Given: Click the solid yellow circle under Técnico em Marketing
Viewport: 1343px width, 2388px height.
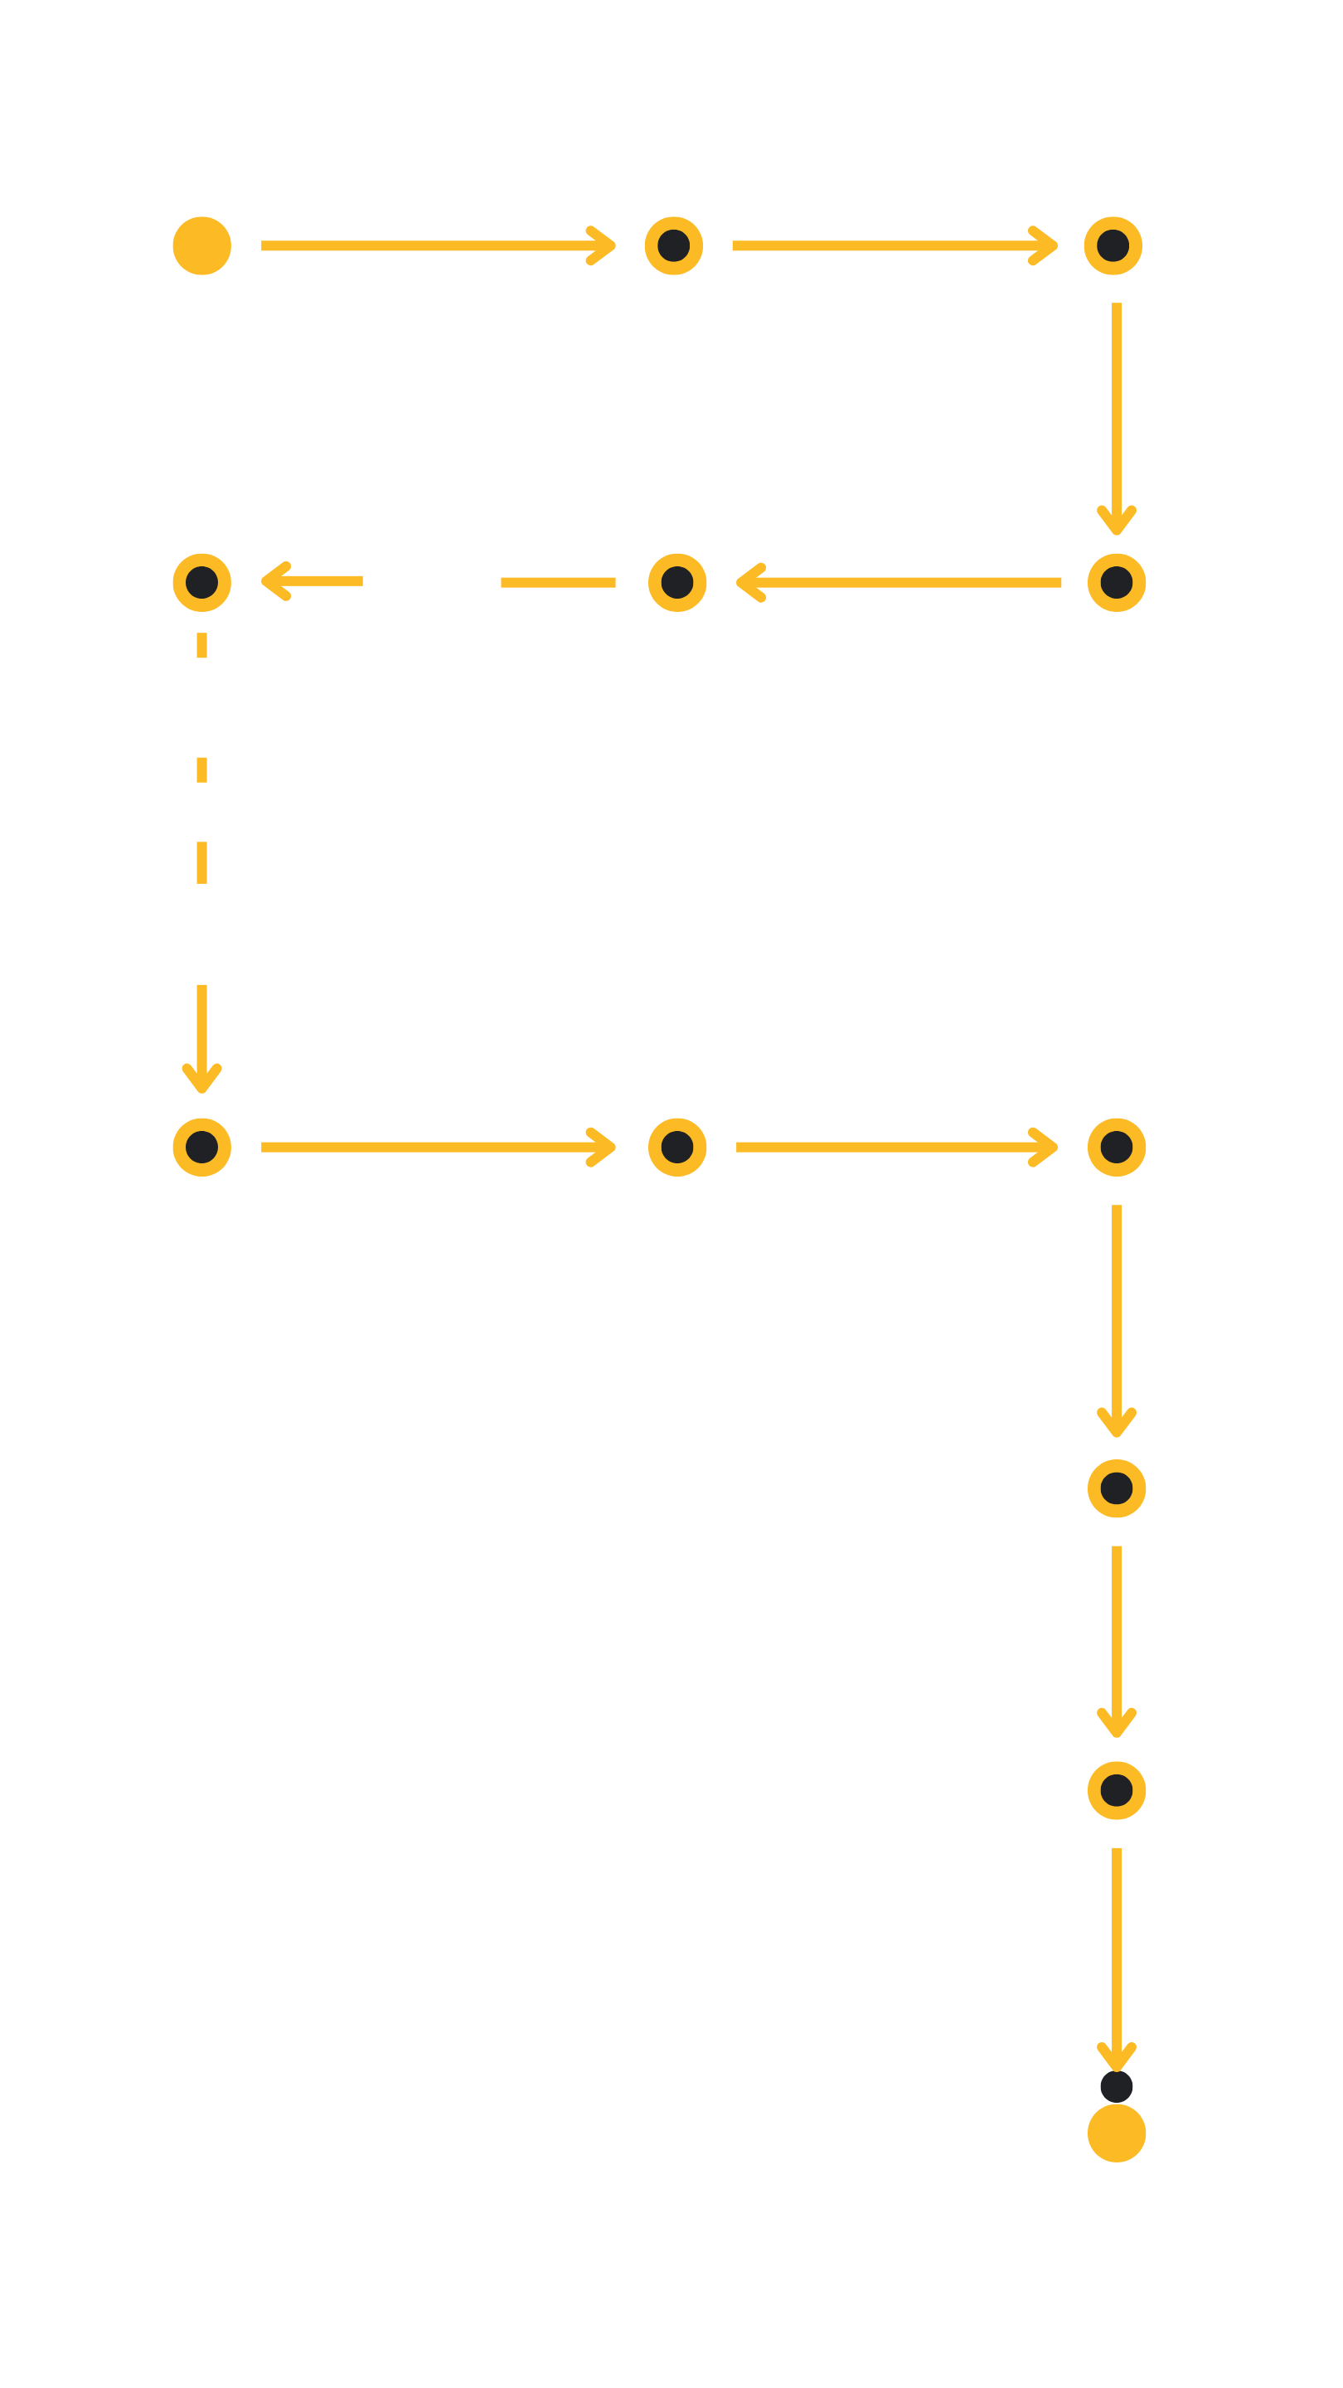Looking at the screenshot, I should (x=201, y=245).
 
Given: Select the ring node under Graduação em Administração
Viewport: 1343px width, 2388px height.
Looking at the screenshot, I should (x=674, y=245).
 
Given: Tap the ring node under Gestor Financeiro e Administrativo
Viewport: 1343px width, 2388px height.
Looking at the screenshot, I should (x=1113, y=245).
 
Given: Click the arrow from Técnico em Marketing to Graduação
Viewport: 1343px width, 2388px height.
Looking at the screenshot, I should (x=438, y=245).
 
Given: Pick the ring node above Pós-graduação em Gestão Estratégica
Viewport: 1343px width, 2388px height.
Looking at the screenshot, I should (x=1116, y=582).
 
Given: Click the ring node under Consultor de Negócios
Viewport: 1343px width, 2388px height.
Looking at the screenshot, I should (x=676, y=582).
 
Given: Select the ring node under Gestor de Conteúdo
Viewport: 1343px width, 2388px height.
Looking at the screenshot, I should (x=201, y=582).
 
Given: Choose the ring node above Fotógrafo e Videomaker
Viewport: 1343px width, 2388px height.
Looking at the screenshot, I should (x=201, y=1147).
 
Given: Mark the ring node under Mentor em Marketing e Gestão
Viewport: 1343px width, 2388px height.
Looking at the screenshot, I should (x=1116, y=1147).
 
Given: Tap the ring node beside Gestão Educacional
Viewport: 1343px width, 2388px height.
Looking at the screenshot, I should (x=1116, y=1488).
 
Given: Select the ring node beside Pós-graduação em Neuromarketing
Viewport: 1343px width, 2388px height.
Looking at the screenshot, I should (x=1116, y=1790).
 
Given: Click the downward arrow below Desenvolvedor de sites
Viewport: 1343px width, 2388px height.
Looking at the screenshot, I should (x=201, y=1038).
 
